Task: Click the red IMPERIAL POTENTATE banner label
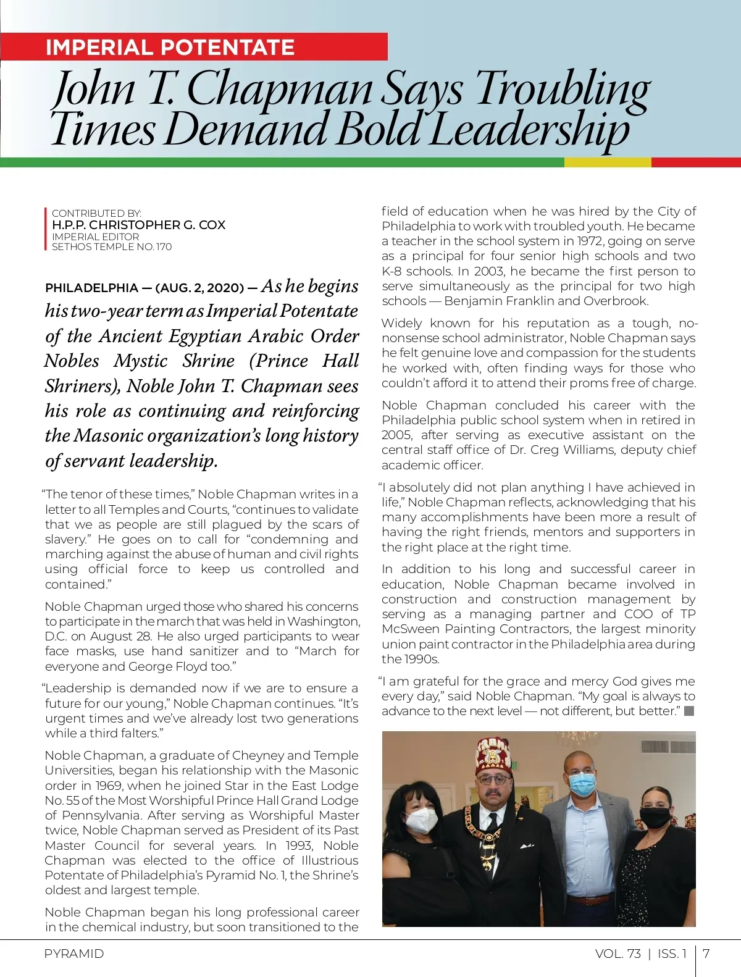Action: [170, 48]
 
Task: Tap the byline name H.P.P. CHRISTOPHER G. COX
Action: [138, 225]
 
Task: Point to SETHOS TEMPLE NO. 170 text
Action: [112, 247]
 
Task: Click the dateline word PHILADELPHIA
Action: [91, 288]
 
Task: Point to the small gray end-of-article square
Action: [689, 711]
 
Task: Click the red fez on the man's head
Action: [492, 752]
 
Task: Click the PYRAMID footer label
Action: [74, 954]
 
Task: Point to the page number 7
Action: [706, 954]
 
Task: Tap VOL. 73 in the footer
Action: [617, 954]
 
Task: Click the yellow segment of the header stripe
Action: [607, 162]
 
